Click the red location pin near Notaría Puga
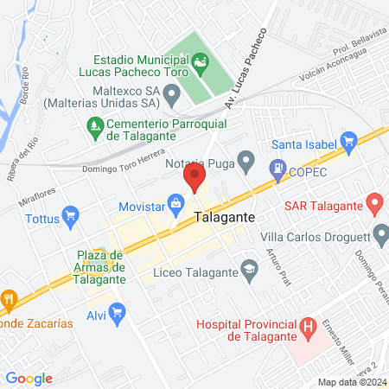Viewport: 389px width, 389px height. tap(194, 179)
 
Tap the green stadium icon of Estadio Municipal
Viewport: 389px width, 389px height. tap(201, 61)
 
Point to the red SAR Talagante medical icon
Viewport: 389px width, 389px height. tap(374, 206)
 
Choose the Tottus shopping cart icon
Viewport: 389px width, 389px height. tap(72, 216)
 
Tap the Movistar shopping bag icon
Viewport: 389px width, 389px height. tap(176, 204)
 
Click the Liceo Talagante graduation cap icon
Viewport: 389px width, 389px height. tap(249, 268)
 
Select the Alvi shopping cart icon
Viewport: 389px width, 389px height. tap(118, 311)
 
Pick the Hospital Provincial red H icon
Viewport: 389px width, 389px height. tap(308, 327)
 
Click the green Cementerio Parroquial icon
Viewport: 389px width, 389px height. tap(95, 126)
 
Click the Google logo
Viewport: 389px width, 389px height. tap(29, 378)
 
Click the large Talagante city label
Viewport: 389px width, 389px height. tap(225, 218)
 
